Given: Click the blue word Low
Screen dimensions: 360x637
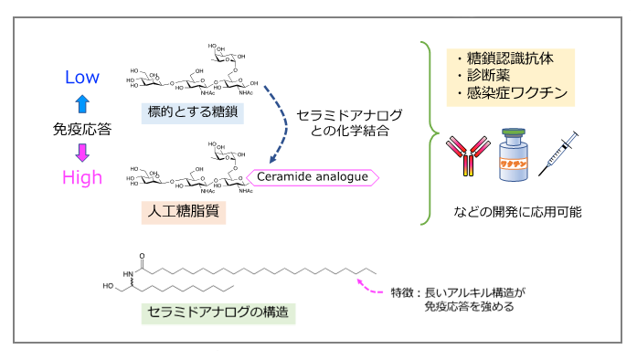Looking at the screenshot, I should pyautogui.click(x=81, y=79).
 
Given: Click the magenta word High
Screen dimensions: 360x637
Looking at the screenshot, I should pyautogui.click(x=81, y=177).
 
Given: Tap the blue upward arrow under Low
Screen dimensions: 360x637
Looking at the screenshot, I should pyautogui.click(x=81, y=103).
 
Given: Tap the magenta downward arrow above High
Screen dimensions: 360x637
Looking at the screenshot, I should pyautogui.click(x=81, y=153).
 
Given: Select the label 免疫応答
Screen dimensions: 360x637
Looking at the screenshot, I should pyautogui.click(x=81, y=129).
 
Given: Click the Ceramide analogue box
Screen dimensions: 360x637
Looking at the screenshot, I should pyautogui.click(x=313, y=176).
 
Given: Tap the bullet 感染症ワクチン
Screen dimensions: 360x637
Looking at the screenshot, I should pyautogui.click(x=511, y=92).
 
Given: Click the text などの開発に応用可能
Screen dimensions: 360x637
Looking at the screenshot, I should pyautogui.click(x=517, y=211).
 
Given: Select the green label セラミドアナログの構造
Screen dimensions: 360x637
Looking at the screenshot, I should pyautogui.click(x=219, y=312).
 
